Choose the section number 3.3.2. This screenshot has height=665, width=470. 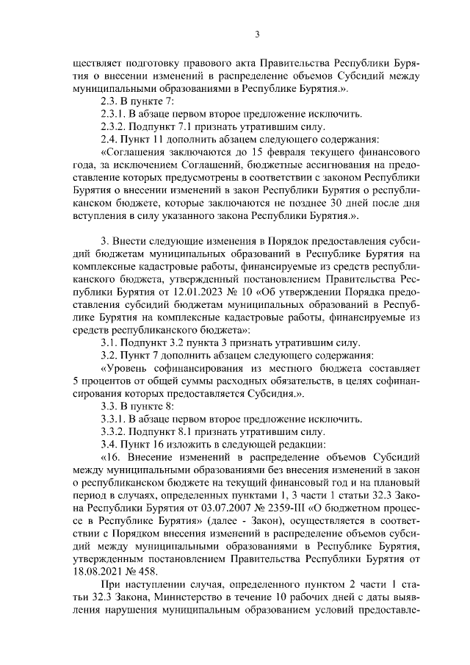point(114,431)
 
